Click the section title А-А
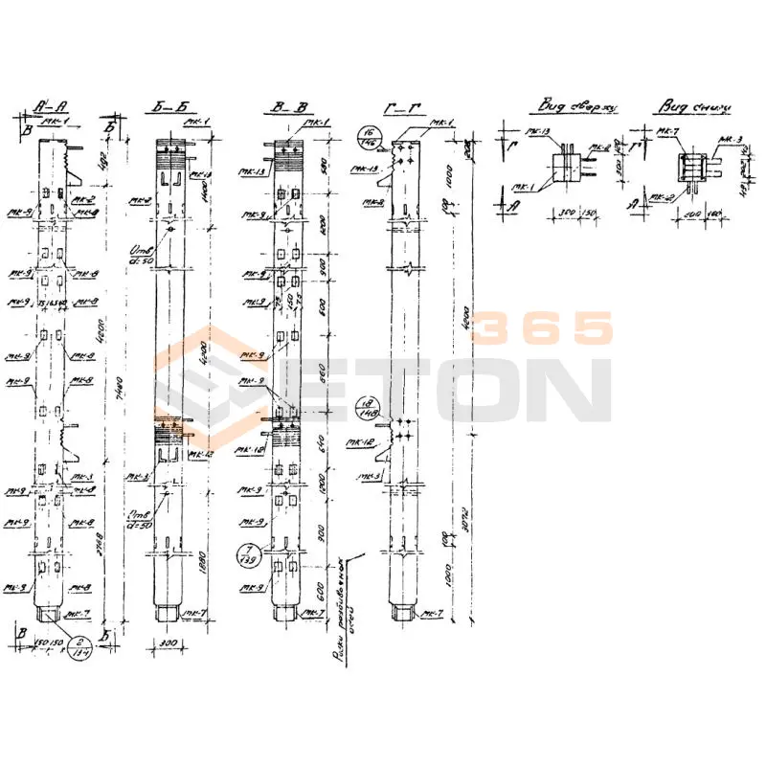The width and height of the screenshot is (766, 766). (47, 106)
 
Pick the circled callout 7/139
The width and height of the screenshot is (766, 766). (248, 553)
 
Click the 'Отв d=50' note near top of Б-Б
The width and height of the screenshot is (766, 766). (143, 254)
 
